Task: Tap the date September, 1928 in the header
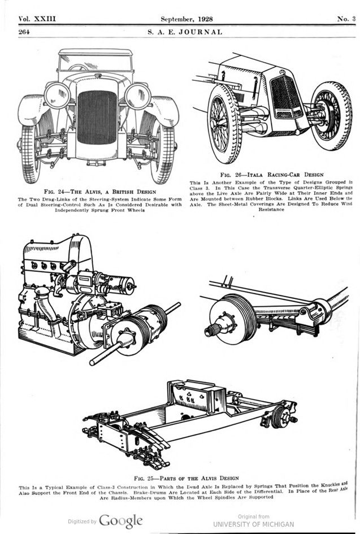pyautogui.click(x=185, y=19)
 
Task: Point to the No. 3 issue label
pyautogui.click(x=346, y=19)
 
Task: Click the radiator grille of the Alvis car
pyautogui.click(x=97, y=118)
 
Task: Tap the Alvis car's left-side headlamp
pyautogui.click(x=57, y=95)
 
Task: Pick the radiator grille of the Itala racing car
pyautogui.click(x=287, y=97)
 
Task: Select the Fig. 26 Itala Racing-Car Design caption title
pyautogui.click(x=271, y=175)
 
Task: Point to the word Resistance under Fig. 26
pyautogui.click(x=271, y=209)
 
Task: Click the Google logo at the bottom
pyautogui.click(x=120, y=520)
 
